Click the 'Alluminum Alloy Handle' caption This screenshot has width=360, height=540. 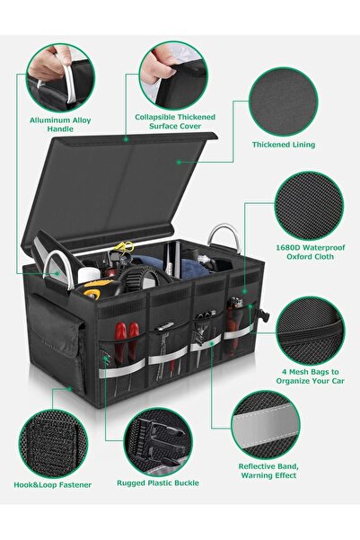point(60,125)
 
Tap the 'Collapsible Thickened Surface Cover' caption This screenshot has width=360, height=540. point(175,121)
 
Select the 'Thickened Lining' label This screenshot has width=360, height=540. point(284,145)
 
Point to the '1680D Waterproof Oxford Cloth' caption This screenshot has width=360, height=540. point(310,252)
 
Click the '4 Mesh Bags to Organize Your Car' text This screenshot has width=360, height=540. point(310,376)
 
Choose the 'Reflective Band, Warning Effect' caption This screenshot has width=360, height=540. point(268,471)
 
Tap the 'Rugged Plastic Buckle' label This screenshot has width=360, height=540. point(158,482)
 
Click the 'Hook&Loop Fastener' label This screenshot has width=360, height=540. point(53,485)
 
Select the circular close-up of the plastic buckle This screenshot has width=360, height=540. point(158,442)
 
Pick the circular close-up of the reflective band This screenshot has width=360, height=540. point(266,425)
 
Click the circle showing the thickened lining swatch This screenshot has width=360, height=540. point(284,102)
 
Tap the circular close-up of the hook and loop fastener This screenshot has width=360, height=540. point(53,444)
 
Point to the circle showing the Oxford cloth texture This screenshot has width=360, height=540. point(309,206)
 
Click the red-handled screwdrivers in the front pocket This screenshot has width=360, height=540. point(127,344)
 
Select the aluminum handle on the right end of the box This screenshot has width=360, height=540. point(224,237)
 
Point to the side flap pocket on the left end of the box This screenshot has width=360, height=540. point(56,341)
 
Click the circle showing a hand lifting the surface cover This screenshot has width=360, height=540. point(173,75)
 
